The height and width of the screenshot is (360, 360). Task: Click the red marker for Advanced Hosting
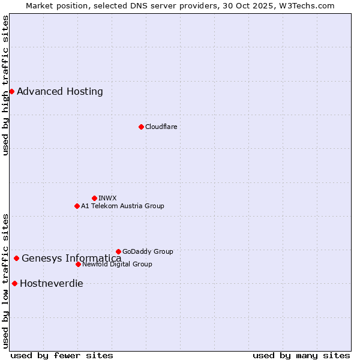coord(11,91)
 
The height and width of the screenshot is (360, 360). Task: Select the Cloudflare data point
coord(141,127)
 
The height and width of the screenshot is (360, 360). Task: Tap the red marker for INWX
coord(94,198)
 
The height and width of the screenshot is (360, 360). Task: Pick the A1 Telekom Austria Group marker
coord(77,206)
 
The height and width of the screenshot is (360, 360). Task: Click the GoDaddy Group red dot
coord(118,251)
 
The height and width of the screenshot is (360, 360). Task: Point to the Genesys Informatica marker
coord(16,259)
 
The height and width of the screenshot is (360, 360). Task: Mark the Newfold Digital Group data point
coord(78,264)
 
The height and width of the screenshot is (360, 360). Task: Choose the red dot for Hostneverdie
coord(14,283)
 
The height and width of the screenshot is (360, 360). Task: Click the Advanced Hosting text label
coord(60,92)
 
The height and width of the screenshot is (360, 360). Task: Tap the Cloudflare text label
coord(161,127)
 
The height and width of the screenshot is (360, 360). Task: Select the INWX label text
coord(107,198)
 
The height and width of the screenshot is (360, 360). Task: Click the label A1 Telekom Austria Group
coord(122,206)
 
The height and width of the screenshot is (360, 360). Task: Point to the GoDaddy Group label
coord(148,251)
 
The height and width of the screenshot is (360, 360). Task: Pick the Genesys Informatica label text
coord(71,259)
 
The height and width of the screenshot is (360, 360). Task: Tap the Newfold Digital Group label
coord(117,264)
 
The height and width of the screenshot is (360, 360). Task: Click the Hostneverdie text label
coord(52,284)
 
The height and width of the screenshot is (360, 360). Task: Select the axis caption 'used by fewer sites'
coord(62,355)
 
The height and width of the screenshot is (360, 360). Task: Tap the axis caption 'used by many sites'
coord(301,355)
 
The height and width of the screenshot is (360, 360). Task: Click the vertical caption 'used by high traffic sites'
coord(6,85)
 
